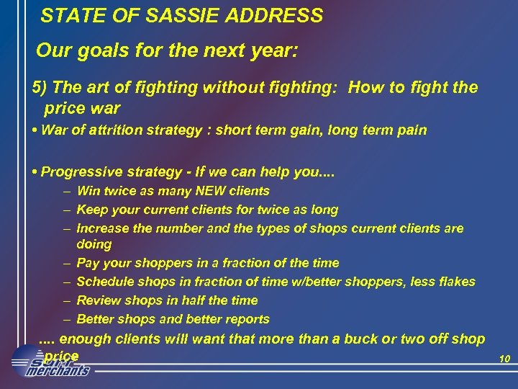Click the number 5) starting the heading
tap(40, 88)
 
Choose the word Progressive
tap(76, 172)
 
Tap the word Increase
tap(101, 228)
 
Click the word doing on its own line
tap(94, 244)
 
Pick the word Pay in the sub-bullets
tap(86, 263)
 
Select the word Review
tap(96, 300)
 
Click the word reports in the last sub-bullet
tap(246, 319)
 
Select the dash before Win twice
tap(66, 191)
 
